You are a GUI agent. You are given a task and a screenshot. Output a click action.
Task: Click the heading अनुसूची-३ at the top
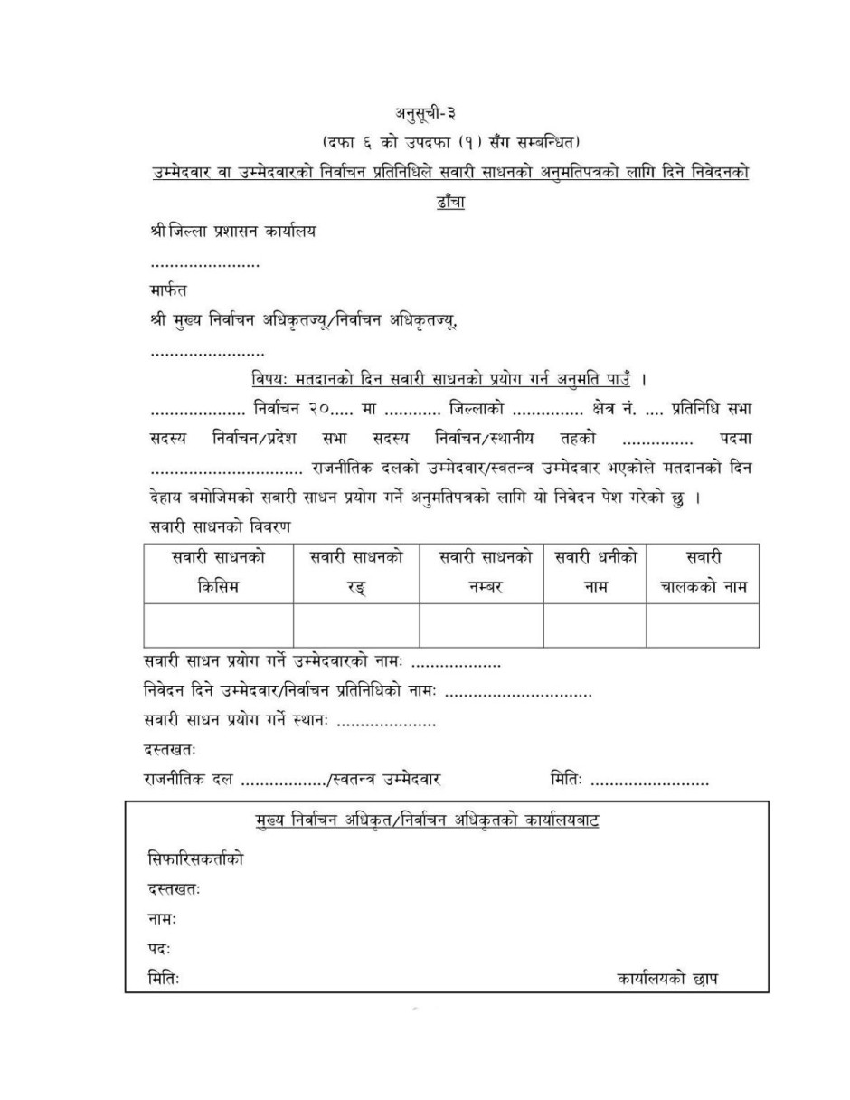pyautogui.click(x=424, y=113)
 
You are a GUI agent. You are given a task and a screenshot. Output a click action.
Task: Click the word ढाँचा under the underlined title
pyautogui.click(x=449, y=202)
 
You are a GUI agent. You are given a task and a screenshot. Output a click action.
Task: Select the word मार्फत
pyautogui.click(x=169, y=291)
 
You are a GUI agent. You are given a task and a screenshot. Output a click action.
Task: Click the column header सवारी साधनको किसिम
pyautogui.click(x=218, y=573)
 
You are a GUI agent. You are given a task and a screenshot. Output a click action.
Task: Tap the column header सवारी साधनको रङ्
pyautogui.click(x=356, y=573)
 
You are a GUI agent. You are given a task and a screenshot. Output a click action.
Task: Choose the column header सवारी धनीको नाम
pyautogui.click(x=595, y=573)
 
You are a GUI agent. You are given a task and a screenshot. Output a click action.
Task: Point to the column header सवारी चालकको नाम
pyautogui.click(x=703, y=573)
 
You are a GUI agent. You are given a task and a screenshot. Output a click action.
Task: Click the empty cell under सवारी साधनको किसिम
pyautogui.click(x=218, y=626)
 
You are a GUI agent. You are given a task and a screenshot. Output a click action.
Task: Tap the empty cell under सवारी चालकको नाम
pyautogui.click(x=703, y=626)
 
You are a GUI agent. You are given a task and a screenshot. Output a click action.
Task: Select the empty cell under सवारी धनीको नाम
pyautogui.click(x=595, y=626)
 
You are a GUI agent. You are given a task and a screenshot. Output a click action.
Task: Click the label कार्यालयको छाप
pyautogui.click(x=668, y=979)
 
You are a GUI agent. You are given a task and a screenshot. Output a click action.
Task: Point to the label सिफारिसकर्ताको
pyautogui.click(x=195, y=859)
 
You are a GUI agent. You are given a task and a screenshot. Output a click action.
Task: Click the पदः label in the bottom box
pyautogui.click(x=159, y=949)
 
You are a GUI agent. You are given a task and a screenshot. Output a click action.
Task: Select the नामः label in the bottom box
pyautogui.click(x=162, y=919)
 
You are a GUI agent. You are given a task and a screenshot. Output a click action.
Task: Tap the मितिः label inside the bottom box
pyautogui.click(x=164, y=979)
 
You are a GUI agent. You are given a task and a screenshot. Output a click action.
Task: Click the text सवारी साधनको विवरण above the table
pyautogui.click(x=217, y=526)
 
